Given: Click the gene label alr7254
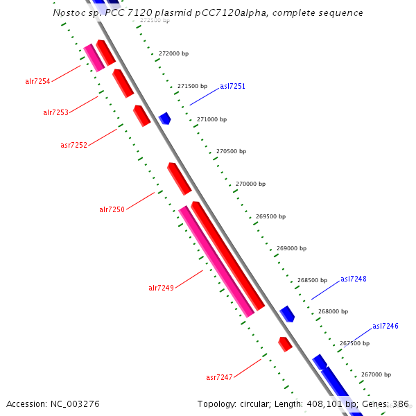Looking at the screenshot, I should [37, 82].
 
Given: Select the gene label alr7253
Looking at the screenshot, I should [55, 112].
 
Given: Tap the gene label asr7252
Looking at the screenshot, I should [73, 145].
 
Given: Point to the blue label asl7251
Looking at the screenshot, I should [232, 87].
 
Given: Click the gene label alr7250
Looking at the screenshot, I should [112, 209].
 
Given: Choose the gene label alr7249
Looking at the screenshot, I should [161, 288].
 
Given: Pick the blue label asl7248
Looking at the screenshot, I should [353, 279].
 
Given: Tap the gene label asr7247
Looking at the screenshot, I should [219, 377].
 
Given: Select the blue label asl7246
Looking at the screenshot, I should [385, 326].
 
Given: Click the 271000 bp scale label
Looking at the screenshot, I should [211, 119].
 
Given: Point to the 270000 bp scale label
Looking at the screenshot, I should [250, 184].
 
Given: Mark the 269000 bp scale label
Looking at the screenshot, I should [291, 248].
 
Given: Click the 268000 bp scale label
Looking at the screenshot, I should [333, 311].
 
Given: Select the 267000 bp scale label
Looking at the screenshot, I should [376, 374].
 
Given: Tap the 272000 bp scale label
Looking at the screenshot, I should [173, 53].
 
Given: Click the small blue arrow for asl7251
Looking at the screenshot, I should [164, 119].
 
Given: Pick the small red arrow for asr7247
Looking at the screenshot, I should [284, 344].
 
